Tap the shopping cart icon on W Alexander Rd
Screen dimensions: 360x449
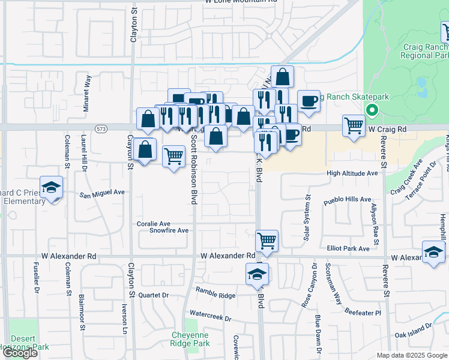point(267,241)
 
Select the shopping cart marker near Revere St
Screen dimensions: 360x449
point(354,125)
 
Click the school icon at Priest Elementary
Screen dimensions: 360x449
point(52,187)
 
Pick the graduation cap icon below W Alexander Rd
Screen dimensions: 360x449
point(257,274)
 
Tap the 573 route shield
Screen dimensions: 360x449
point(100,128)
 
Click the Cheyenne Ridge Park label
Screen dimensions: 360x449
point(190,339)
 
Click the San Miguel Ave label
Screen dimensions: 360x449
point(102,193)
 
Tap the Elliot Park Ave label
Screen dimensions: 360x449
point(349,248)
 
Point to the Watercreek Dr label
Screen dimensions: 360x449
point(210,313)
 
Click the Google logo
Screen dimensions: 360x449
point(20,353)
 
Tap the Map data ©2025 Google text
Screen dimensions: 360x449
point(411,355)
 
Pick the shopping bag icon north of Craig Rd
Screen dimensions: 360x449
point(283,77)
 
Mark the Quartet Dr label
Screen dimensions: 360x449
point(154,295)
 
